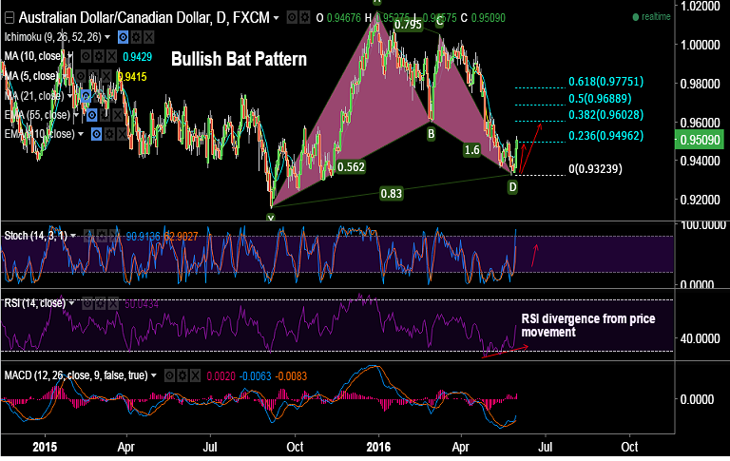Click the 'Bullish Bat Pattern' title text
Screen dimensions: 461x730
click(x=239, y=59)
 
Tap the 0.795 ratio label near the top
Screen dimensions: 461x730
click(x=408, y=25)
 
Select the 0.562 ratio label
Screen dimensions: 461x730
click(x=351, y=166)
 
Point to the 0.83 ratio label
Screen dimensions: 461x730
click(x=392, y=193)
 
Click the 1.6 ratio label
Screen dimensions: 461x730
click(x=471, y=150)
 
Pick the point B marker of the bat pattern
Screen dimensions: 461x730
click(x=431, y=134)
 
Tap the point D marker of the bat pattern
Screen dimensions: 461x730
click(x=512, y=187)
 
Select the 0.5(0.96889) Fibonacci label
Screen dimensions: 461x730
click(x=605, y=99)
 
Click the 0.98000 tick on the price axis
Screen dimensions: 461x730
click(x=701, y=84)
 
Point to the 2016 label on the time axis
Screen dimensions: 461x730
click(x=378, y=445)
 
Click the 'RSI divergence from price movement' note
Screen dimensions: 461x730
click(x=575, y=325)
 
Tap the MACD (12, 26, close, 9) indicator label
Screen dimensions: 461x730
click(x=75, y=375)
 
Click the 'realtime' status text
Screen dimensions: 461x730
click(x=656, y=16)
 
